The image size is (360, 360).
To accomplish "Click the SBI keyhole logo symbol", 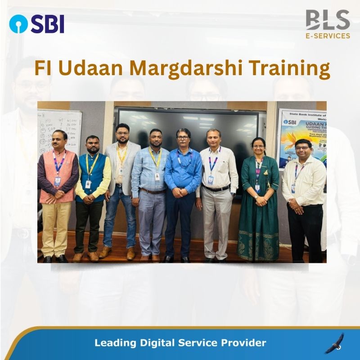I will [x=18, y=23].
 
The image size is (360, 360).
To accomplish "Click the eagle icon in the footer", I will [x=334, y=343].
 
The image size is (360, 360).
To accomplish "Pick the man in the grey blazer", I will [x=121, y=189].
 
